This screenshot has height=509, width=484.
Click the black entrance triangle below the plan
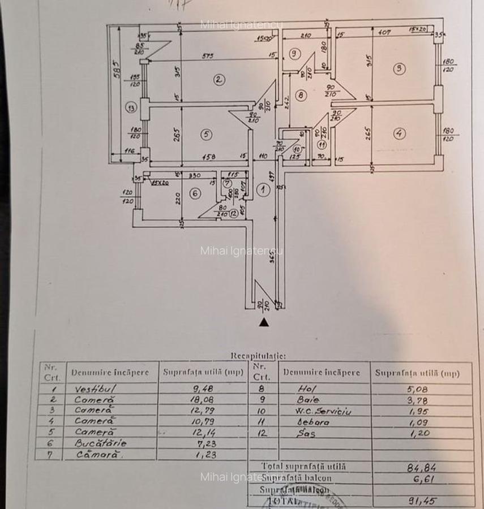pyautogui.click(x=263, y=322)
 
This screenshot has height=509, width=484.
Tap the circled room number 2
pyautogui.click(x=219, y=79)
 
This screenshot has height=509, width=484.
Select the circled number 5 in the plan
pyautogui.click(x=206, y=134)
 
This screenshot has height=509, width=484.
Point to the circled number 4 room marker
pyautogui.click(x=400, y=133)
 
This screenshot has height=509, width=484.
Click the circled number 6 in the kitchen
pyautogui.click(x=195, y=193)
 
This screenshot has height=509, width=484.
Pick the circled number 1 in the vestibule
pyautogui.click(x=263, y=190)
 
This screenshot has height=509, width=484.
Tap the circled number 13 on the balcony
pyautogui.click(x=131, y=107)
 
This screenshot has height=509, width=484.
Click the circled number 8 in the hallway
pyautogui.click(x=300, y=95)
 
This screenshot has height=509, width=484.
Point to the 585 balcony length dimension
pyautogui.click(x=115, y=70)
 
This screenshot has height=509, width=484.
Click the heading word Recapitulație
pyautogui.click(x=258, y=356)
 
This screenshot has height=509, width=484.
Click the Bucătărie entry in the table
pyautogui.click(x=100, y=443)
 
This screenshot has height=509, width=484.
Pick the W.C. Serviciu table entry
pyautogui.click(x=324, y=411)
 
